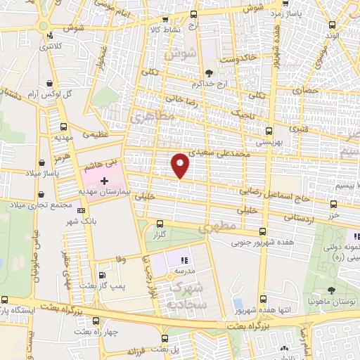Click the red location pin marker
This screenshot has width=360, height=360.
(181, 165)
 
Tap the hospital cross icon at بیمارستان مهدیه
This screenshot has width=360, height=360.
(105, 172)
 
